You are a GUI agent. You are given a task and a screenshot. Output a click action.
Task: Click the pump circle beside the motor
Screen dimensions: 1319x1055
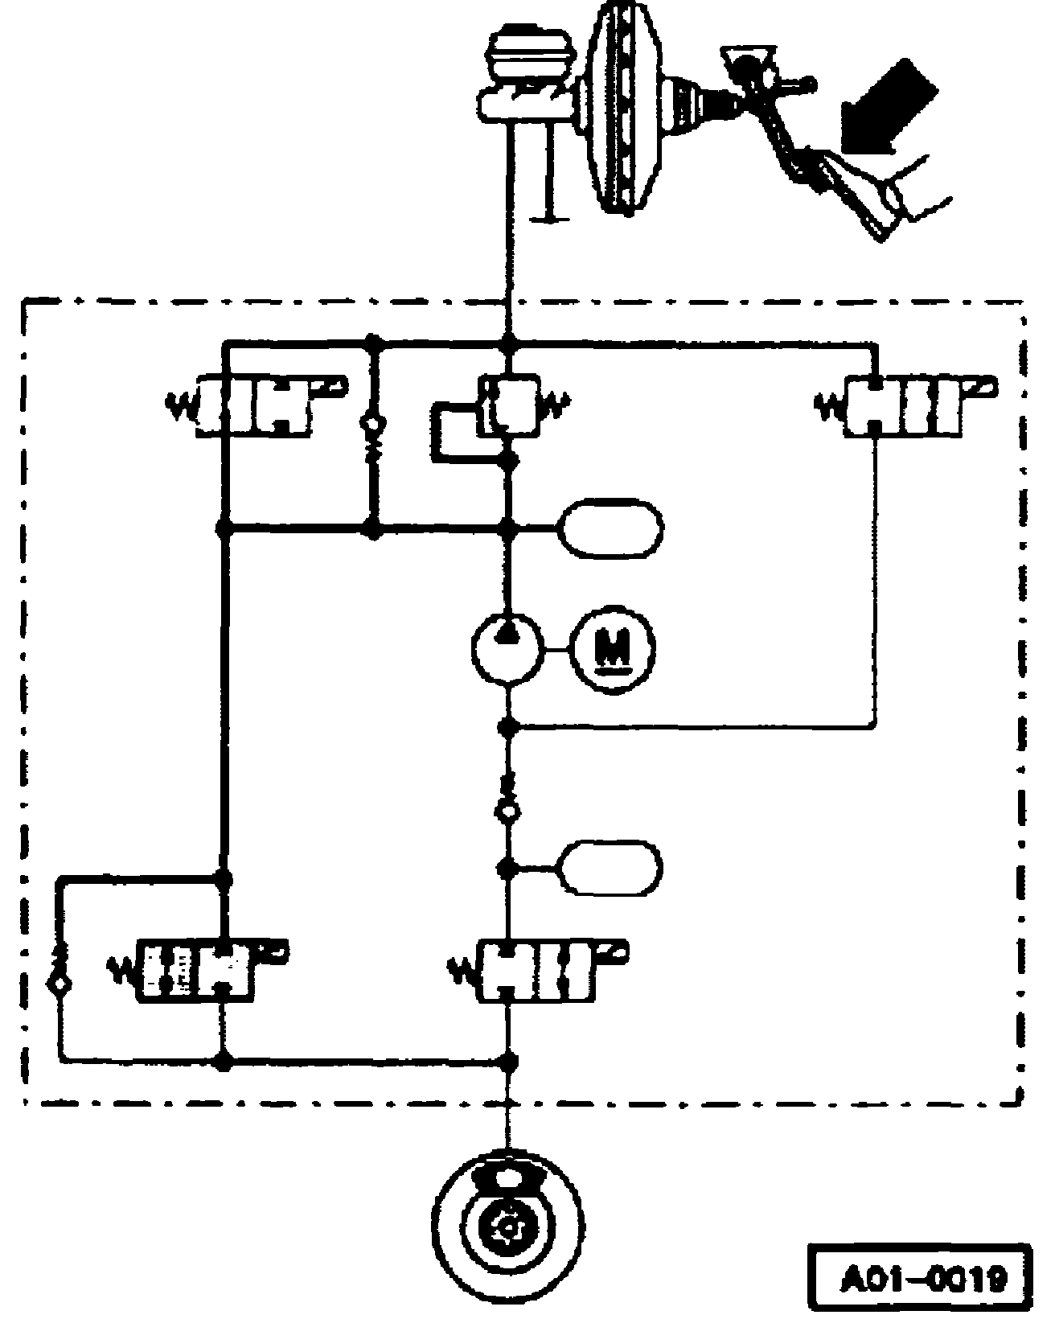(x=507, y=646)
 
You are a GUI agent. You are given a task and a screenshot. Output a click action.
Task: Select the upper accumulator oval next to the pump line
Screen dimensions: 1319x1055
(x=614, y=528)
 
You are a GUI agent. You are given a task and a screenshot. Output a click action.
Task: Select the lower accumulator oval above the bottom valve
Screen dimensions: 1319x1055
(x=613, y=868)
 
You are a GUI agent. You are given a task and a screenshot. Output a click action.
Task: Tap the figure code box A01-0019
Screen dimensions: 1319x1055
(x=918, y=1279)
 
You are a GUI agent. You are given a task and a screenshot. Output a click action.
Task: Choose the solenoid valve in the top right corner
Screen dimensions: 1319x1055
(x=905, y=405)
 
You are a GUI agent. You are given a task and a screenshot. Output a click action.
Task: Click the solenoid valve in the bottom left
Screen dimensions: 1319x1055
(x=197, y=972)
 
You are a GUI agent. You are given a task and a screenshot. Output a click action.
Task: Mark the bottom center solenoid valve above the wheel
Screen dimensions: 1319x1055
(x=536, y=972)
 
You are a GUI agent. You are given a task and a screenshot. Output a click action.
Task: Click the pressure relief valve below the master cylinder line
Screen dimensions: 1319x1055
(x=508, y=405)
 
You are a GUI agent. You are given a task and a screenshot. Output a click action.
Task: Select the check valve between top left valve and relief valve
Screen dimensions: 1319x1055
(x=372, y=433)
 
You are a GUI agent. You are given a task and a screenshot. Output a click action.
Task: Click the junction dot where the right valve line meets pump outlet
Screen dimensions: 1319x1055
(x=508, y=727)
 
